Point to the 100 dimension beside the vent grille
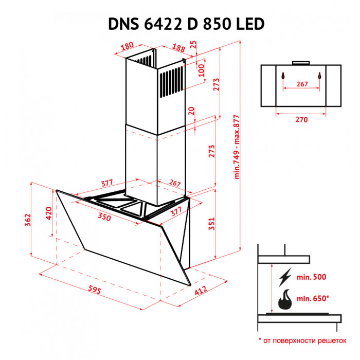[202, 70]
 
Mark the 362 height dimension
[27, 220]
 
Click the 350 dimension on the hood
[104, 217]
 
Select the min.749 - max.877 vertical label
[237, 147]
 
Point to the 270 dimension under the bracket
[301, 120]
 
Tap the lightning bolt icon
[283, 278]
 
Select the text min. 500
[312, 277]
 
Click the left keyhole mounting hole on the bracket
[282, 75]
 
